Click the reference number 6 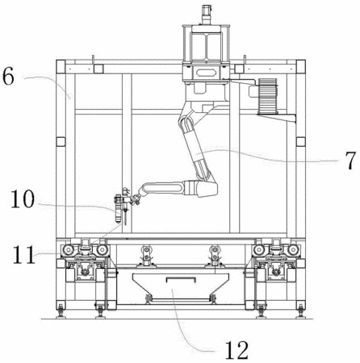pos(8,76)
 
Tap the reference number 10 pos(23,198)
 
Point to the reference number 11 pos(23,254)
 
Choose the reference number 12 pos(237,349)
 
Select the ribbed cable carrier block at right pos(267,96)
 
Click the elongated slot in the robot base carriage pos(206,73)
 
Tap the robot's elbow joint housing pos(207,189)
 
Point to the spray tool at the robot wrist pos(122,206)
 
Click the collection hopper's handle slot pos(180,279)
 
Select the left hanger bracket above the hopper pos(145,257)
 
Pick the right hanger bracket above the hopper pos(215,257)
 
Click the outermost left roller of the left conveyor pos(67,250)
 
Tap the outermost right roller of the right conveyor pos(293,250)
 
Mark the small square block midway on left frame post pos(61,142)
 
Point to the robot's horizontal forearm pos(164,188)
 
